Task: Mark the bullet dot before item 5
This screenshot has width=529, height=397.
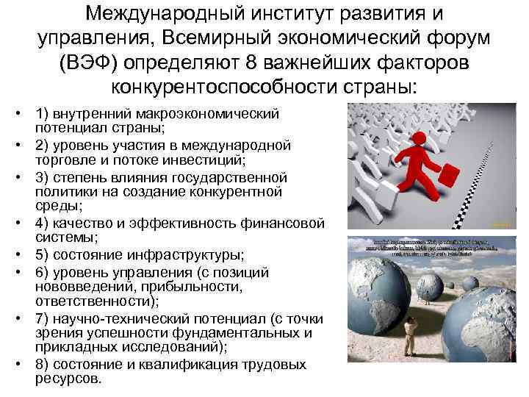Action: coord(15,255)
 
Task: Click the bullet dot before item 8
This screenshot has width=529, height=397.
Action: coord(15,365)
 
